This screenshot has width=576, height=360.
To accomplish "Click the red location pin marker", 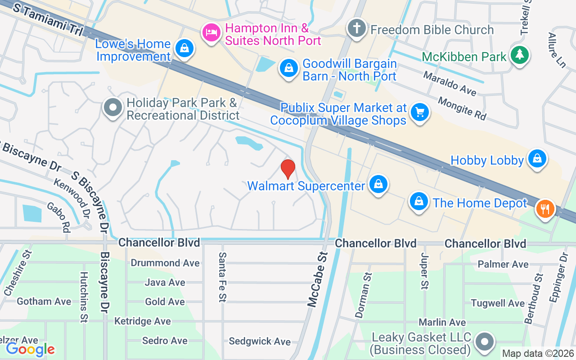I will pyautogui.click(x=288, y=169).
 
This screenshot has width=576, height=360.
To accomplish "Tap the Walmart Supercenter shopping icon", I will pyautogui.click(x=379, y=184).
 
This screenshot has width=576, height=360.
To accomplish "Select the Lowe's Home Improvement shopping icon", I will pyautogui.click(x=184, y=48).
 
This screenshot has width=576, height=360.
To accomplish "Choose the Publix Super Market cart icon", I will pyautogui.click(x=419, y=112).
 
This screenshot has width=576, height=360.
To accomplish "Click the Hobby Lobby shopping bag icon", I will pyautogui.click(x=536, y=159).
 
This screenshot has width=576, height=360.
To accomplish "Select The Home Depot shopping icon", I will pyautogui.click(x=419, y=202).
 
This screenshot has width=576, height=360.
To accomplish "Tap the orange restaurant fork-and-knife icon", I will pyautogui.click(x=545, y=209).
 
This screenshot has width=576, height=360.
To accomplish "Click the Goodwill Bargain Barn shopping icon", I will pyautogui.click(x=288, y=69).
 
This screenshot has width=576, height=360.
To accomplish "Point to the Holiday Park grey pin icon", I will pyautogui.click(x=113, y=108).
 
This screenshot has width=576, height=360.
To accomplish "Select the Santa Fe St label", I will pyautogui.click(x=222, y=277).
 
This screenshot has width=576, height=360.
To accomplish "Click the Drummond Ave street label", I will pyautogui.click(x=165, y=263).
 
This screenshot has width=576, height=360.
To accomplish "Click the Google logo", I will pyautogui.click(x=30, y=349).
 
